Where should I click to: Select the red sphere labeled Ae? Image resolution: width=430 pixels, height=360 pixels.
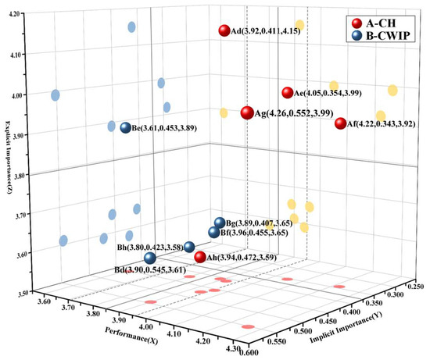[x=287, y=93]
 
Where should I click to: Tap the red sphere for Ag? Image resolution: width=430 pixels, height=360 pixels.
[x=248, y=113]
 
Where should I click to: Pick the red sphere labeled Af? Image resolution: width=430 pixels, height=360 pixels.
[x=340, y=123]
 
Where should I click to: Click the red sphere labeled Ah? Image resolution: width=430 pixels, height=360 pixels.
[x=199, y=257]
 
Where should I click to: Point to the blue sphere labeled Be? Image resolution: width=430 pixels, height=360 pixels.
[x=125, y=128]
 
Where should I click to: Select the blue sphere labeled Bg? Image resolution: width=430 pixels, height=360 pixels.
[x=220, y=223]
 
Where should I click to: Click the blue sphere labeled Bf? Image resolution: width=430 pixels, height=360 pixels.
[x=213, y=232]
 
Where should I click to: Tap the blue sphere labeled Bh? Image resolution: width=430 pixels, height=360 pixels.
[x=188, y=248]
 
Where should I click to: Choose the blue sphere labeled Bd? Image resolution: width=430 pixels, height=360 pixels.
[x=149, y=258]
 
